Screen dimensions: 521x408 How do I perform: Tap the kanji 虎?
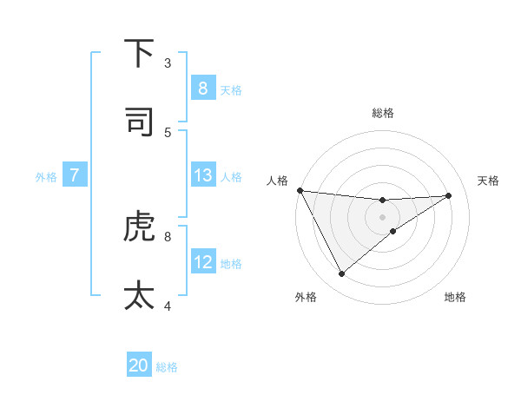point(139,227)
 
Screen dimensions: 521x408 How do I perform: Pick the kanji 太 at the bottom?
point(139,295)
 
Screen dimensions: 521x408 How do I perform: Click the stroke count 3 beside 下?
point(168,63)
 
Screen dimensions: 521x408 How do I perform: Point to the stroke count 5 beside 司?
point(168,132)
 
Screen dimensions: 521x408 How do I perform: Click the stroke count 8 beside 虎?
point(168,235)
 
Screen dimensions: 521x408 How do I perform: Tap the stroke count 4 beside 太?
point(168,306)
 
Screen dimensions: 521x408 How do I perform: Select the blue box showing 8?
point(202,88)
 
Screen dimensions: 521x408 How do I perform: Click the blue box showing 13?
point(202,175)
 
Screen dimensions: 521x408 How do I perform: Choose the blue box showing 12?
point(202,262)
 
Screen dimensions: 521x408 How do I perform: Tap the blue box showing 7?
point(75,175)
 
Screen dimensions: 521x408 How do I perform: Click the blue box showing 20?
point(139,365)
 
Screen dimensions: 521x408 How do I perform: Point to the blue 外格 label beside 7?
point(46,176)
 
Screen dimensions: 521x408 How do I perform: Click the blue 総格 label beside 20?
point(167,367)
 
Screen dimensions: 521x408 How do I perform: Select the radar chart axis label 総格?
point(382,113)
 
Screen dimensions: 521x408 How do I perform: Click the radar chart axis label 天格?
point(489,181)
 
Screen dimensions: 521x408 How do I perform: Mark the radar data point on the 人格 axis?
point(300,190)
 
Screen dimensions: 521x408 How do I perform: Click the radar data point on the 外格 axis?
point(341,274)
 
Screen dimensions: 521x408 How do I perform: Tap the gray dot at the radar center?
point(382,217)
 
